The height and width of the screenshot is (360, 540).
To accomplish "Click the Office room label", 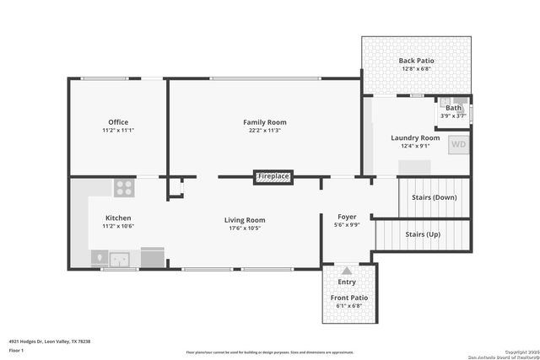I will (118, 122).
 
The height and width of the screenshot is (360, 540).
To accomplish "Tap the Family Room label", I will (265, 122).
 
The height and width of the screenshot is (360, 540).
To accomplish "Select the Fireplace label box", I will (273, 176).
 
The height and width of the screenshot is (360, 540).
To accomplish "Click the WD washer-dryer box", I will (458, 144).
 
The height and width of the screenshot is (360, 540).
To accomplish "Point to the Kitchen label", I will (118, 218).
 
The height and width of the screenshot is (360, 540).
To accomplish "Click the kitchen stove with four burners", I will (125, 187).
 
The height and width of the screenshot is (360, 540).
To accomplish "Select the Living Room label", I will (245, 220).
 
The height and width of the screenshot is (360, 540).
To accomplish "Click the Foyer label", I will (347, 217).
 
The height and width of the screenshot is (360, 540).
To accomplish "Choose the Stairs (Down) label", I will (434, 197).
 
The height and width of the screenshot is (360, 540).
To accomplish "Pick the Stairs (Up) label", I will (422, 234).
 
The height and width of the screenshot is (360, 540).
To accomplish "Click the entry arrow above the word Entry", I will (346, 271).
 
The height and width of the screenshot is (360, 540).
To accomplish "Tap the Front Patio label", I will (348, 298).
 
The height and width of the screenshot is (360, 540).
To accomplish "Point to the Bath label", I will (454, 107).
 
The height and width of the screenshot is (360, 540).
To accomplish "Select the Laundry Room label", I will (415, 137).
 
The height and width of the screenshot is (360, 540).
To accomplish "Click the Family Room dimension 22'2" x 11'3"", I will (265, 131).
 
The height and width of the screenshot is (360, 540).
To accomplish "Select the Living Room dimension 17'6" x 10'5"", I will (245, 228).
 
